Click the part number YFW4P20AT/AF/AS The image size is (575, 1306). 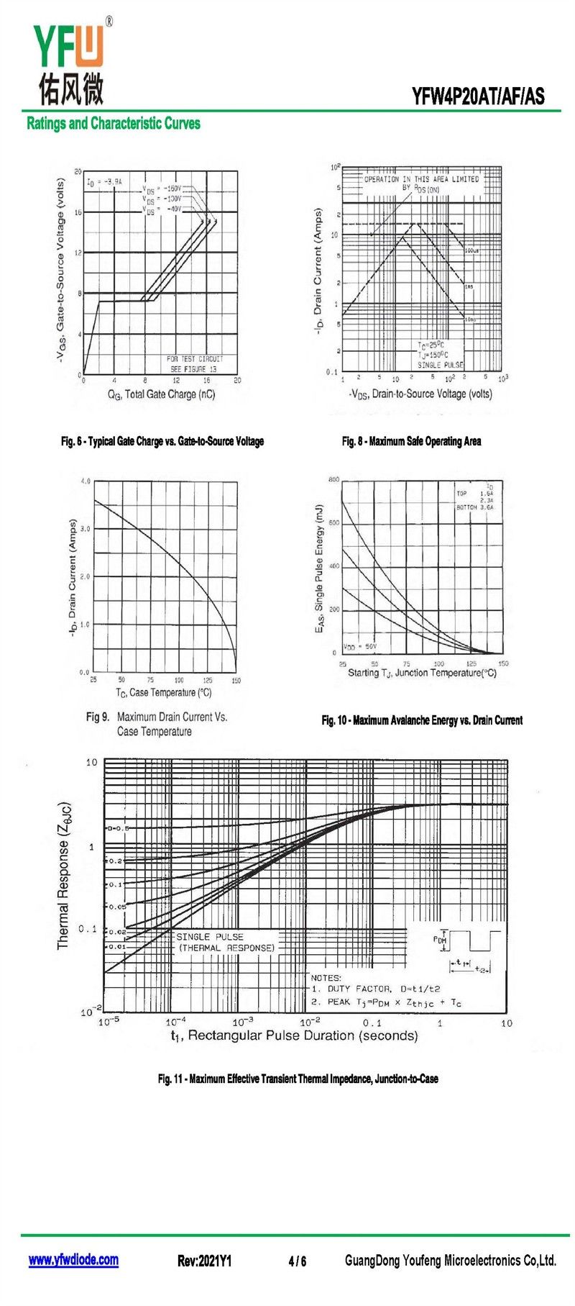tap(478, 96)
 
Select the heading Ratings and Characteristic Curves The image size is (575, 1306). tap(114, 123)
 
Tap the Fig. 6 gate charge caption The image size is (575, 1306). tap(162, 441)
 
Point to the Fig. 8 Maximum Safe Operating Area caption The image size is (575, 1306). tap(411, 441)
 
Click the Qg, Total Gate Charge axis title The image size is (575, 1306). tap(161, 394)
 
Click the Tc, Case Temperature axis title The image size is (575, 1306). tap(164, 692)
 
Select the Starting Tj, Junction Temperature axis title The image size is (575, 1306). tap(422, 673)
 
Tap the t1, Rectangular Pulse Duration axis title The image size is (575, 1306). tap(294, 1035)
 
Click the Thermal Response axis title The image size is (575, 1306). tap(65, 876)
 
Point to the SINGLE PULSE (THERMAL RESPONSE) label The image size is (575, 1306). tap(225, 942)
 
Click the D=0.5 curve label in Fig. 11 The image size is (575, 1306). tap(119, 828)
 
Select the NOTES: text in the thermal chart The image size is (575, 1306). tap(326, 977)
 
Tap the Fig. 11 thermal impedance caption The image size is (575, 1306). tap(298, 1079)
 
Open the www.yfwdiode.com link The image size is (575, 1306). tap(73, 1260)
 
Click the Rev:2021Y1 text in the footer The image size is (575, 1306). tap(204, 1261)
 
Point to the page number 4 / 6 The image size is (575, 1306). tap(297, 1261)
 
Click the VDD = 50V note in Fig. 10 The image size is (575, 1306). tap(360, 646)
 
